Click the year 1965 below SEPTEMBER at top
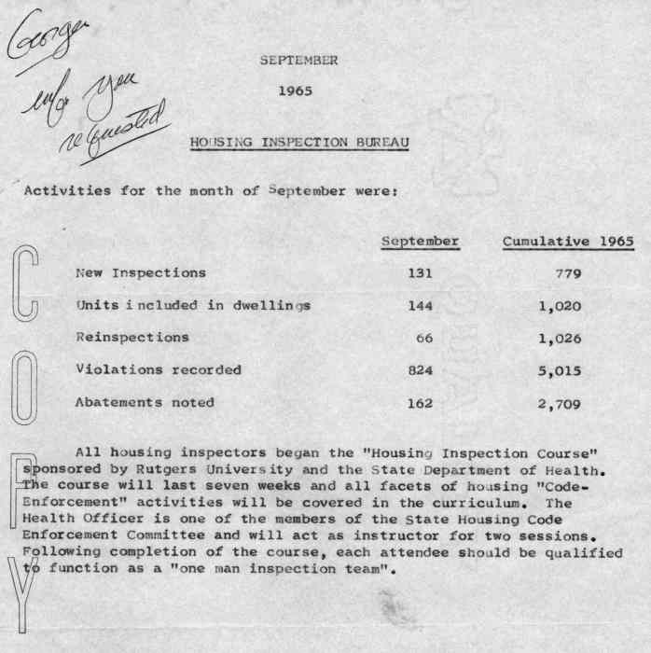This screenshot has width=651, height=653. pos(296,91)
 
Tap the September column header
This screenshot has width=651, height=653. pos(421,243)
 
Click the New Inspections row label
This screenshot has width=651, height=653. pos(140,273)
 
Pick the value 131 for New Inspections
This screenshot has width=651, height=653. pos(421,274)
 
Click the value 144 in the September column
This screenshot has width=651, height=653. pos(421,306)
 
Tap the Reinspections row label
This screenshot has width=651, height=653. pos(132,338)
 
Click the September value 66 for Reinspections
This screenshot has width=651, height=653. pos(424,339)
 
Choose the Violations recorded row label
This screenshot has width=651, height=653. pos(158,370)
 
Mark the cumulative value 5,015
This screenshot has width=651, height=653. pos(560,370)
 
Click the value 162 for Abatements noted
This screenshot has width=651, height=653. pos(421,403)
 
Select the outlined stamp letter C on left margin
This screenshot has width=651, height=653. pos(25,281)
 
